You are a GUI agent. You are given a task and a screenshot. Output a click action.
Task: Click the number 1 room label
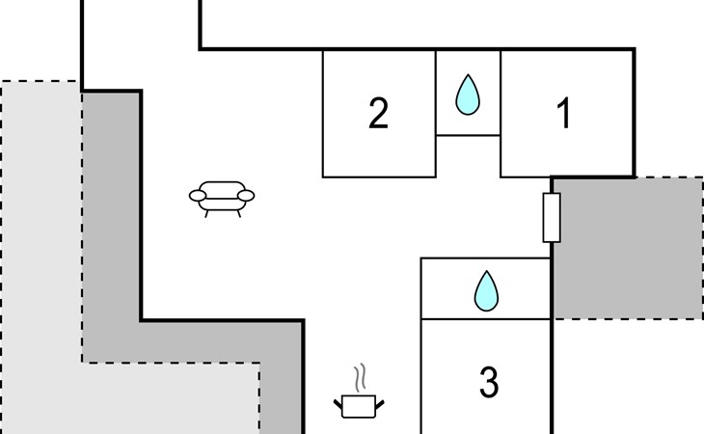(x=565, y=115)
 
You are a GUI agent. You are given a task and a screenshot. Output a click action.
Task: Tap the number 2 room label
(x=378, y=115)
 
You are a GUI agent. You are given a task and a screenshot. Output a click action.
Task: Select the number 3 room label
(x=488, y=383)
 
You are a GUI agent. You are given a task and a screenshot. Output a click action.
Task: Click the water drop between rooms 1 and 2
(x=468, y=95)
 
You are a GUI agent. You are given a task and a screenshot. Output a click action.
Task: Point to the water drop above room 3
(x=487, y=290)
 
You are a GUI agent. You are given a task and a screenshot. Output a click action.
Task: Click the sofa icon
(x=222, y=196)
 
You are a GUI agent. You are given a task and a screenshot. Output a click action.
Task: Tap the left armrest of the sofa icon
(x=198, y=196)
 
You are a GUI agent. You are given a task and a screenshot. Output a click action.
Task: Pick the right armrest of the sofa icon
(x=246, y=196)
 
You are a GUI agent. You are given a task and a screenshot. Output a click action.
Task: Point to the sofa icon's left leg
(x=207, y=211)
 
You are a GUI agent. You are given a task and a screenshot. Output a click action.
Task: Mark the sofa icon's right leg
(x=236, y=211)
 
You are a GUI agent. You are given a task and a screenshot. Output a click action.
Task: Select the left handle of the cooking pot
(x=339, y=400)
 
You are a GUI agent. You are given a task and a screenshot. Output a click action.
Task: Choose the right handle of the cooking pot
(x=382, y=400)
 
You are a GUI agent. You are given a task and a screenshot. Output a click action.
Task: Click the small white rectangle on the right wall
(x=552, y=217)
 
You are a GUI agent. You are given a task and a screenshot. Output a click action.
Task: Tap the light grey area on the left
(x=39, y=289)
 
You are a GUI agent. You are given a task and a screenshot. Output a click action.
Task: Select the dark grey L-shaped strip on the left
(x=111, y=241)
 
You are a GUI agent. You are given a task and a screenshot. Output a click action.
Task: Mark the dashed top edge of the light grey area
(x=39, y=82)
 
